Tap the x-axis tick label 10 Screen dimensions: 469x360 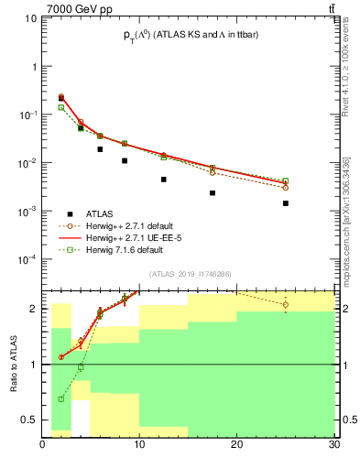point(139,446)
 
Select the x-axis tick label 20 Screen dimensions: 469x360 point(236,446)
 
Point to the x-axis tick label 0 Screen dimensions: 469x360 point(43,446)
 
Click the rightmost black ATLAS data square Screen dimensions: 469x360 point(286,203)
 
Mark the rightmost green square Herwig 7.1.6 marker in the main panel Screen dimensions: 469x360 point(286,181)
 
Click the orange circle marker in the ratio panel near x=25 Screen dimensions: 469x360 point(286,305)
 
